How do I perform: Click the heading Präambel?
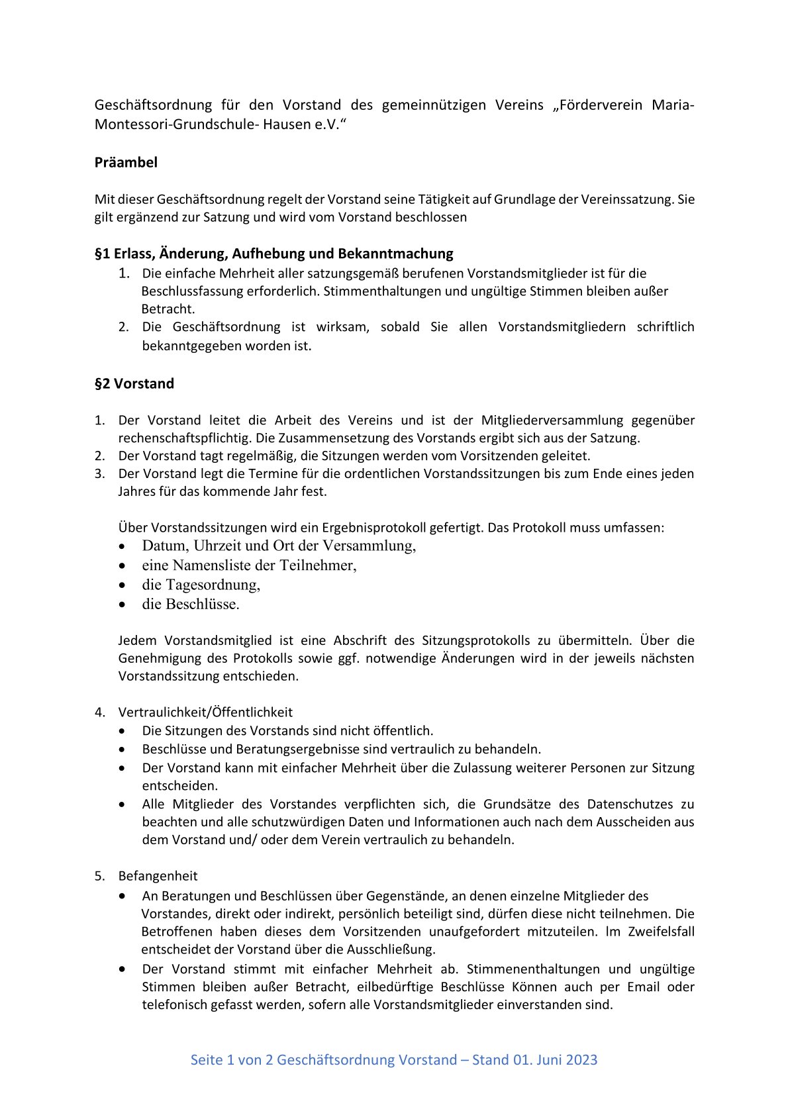click(x=126, y=162)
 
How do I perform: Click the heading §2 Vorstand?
click(x=134, y=383)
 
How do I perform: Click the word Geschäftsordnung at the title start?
click(x=153, y=105)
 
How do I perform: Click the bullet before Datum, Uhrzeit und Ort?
click(x=121, y=547)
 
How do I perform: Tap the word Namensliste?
click(x=215, y=565)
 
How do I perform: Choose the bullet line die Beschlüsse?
click(x=191, y=604)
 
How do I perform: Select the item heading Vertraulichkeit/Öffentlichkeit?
click(x=205, y=712)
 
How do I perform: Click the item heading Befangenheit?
click(x=158, y=876)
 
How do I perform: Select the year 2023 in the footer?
click(x=581, y=1060)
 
